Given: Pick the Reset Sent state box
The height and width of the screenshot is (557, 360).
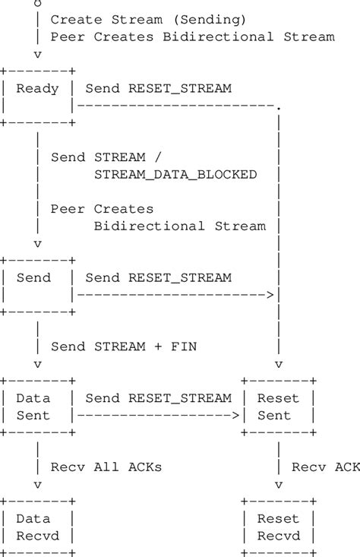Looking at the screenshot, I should (x=278, y=407).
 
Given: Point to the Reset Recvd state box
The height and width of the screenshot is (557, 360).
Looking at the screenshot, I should (x=278, y=527).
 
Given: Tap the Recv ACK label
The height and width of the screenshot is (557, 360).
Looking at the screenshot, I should (x=325, y=466).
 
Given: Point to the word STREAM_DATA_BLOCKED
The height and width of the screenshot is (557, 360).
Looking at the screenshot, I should (x=175, y=175).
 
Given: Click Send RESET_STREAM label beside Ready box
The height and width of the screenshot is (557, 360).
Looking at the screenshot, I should (x=158, y=89).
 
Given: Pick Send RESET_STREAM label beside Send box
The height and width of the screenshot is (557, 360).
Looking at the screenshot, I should (x=158, y=278).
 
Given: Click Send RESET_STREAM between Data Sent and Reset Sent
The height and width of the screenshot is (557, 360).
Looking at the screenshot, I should (x=158, y=398).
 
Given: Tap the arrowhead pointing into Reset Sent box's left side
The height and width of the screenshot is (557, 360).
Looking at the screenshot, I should (x=236, y=416).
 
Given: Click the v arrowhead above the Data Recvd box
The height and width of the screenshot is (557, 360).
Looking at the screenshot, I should (x=37, y=484).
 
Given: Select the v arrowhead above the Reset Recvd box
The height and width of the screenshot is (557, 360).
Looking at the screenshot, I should (x=278, y=484).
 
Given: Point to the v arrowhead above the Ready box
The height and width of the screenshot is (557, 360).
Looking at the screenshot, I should (x=37, y=55).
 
